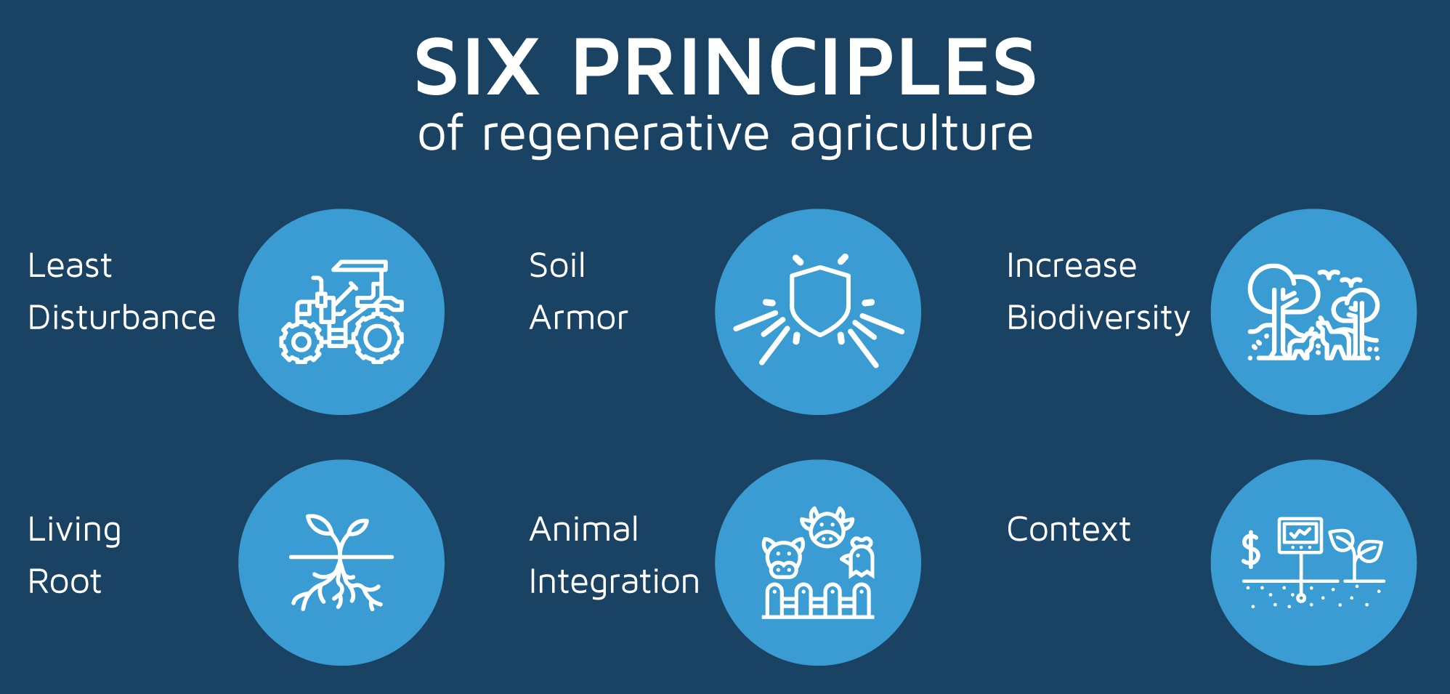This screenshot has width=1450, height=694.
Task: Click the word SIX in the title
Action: point(477,67)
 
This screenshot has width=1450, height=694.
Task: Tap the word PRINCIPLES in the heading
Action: point(804,67)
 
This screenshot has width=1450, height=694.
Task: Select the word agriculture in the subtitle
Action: point(912,134)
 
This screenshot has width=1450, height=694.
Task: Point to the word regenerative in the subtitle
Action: point(625,134)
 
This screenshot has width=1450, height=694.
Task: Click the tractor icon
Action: point(341,312)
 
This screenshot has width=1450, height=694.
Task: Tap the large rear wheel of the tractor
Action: point(378,337)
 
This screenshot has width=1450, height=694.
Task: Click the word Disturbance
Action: point(122,318)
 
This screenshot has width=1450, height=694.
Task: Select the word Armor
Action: point(578,318)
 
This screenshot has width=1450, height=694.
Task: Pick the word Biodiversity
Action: point(1098,318)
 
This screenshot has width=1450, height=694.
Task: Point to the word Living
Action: point(74,530)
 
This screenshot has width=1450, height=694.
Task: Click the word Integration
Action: point(615,582)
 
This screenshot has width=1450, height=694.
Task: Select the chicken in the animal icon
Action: point(859,557)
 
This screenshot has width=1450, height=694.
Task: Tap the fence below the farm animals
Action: point(818,601)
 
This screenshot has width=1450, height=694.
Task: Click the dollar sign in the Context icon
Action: point(1250,549)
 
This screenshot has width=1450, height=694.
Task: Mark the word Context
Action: point(1069,529)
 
